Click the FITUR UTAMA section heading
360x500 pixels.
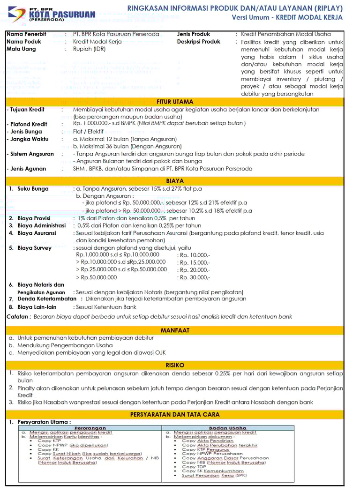(175, 102)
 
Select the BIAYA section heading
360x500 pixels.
(175, 181)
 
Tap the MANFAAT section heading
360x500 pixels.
(175, 330)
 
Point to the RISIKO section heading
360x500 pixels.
(175, 365)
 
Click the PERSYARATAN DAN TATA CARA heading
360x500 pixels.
(175, 415)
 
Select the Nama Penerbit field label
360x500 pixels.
(26, 34)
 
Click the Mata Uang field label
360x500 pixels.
(21, 49)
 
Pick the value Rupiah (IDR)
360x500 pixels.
(90, 49)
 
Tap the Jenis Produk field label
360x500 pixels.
(194, 34)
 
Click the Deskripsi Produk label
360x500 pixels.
(199, 42)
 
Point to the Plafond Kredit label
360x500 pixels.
(28, 124)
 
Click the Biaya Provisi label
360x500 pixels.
(34, 218)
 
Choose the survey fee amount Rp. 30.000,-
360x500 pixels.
(194, 277)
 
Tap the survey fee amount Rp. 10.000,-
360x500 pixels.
(194, 255)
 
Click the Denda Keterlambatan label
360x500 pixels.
(47, 299)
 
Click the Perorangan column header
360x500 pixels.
(90, 428)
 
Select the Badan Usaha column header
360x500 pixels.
(227, 428)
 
